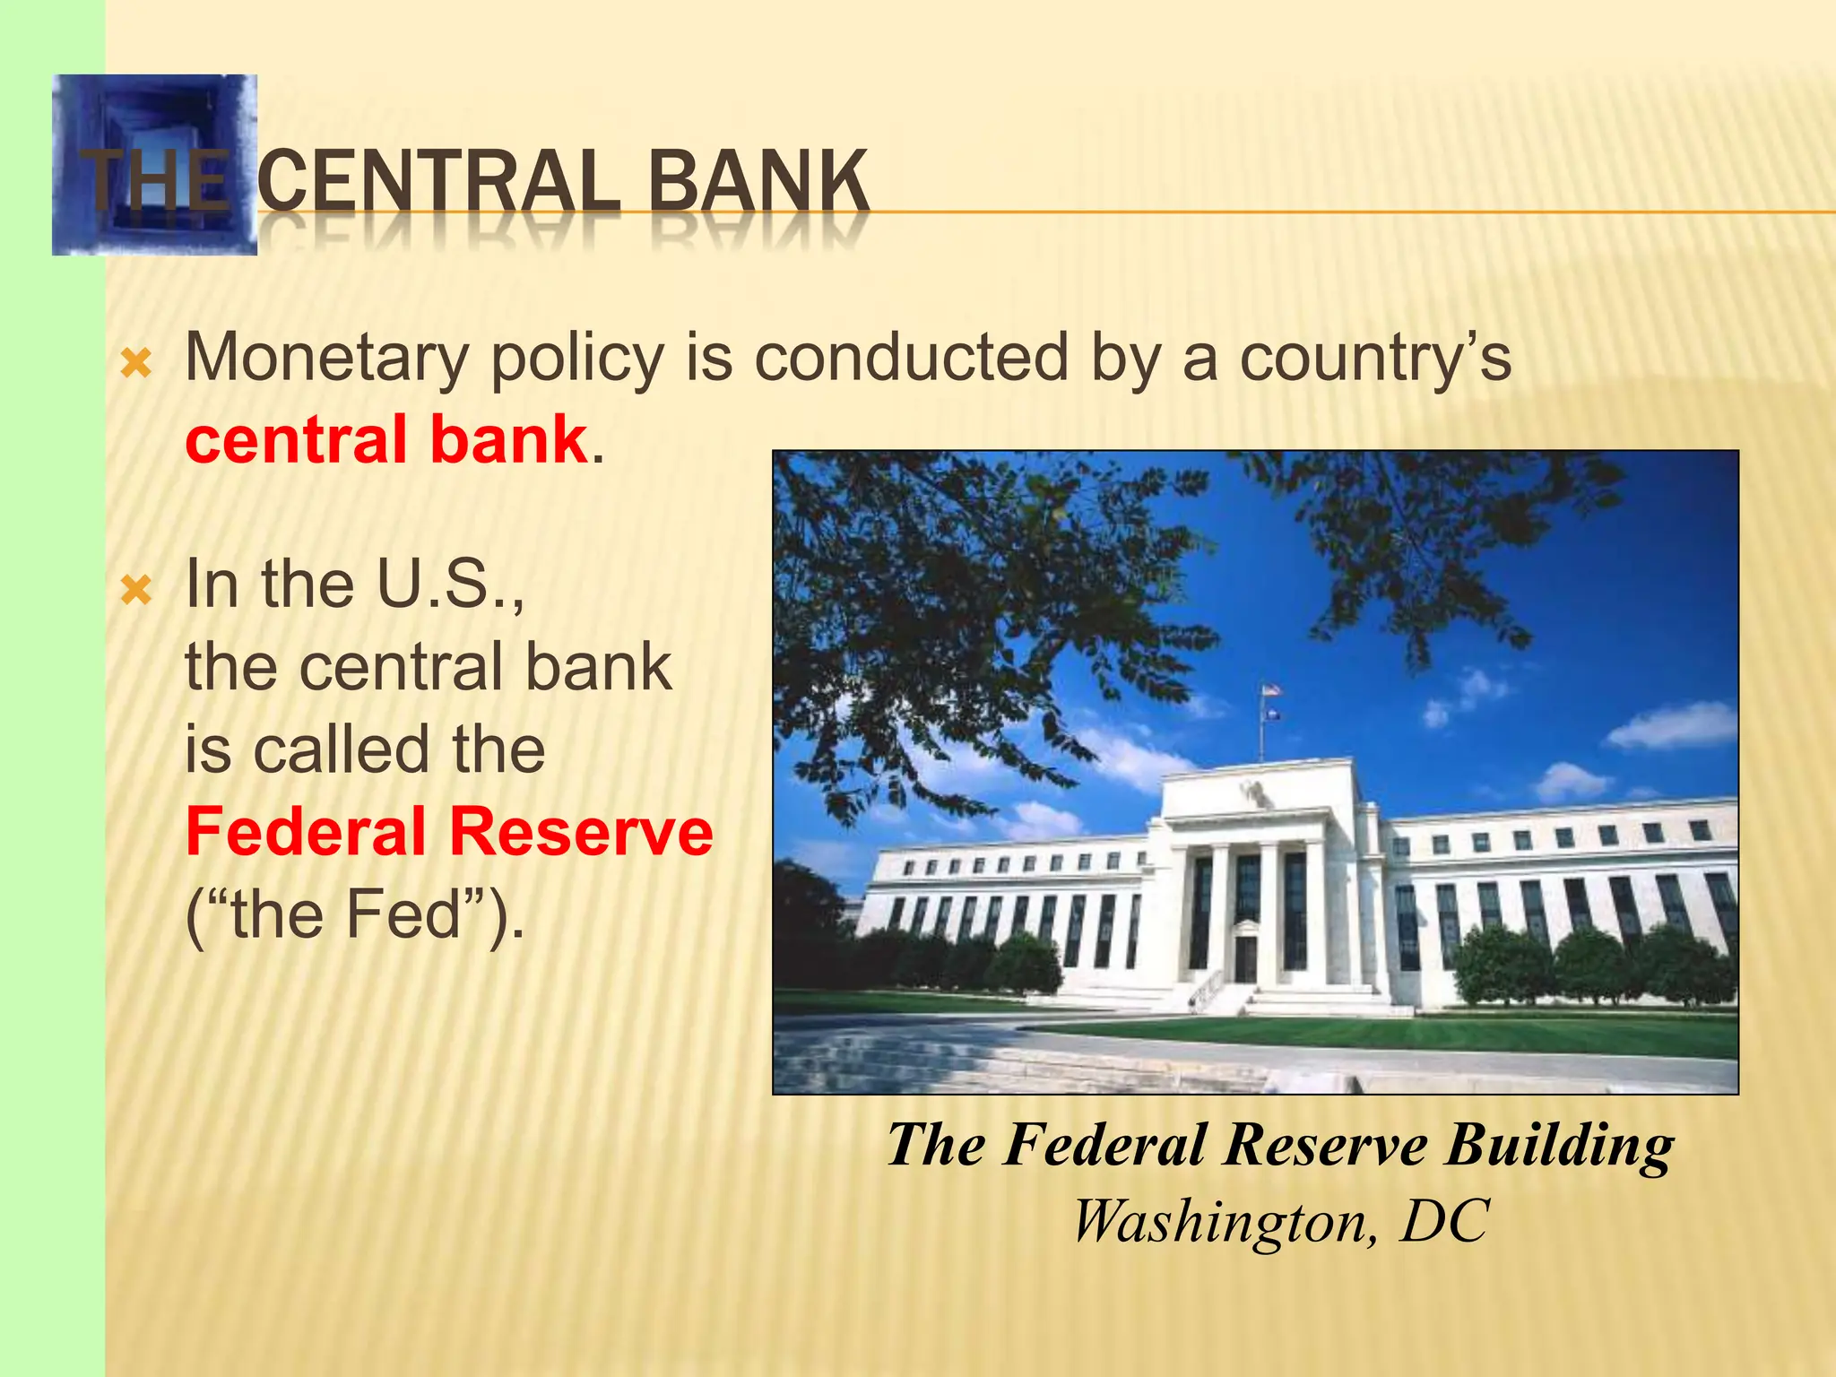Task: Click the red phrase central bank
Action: tap(386, 440)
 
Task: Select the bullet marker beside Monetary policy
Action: tap(136, 364)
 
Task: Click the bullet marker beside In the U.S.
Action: tap(136, 591)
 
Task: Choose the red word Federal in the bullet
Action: tap(306, 832)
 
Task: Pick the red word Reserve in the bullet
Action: tap(581, 832)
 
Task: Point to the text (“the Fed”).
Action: tap(354, 915)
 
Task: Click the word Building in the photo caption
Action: tap(1559, 1146)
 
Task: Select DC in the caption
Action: tap(1444, 1221)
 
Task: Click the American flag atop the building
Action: tap(1270, 690)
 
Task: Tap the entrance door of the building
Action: tap(1246, 958)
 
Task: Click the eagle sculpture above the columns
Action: tap(1252, 790)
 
